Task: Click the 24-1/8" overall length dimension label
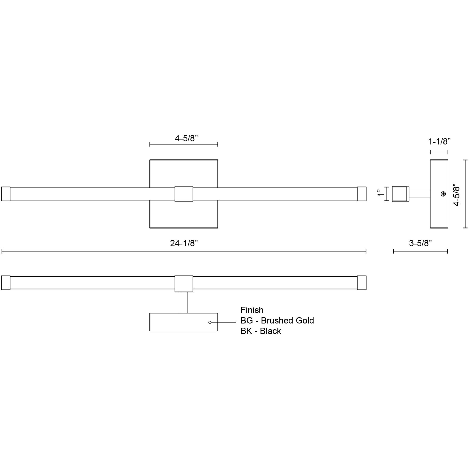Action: pyautogui.click(x=184, y=243)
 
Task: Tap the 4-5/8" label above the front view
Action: pyautogui.click(x=186, y=138)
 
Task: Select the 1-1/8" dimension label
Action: pyautogui.click(x=439, y=142)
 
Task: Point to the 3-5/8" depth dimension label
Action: pyautogui.click(x=420, y=243)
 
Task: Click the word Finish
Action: pyautogui.click(x=252, y=310)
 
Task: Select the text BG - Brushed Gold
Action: pyautogui.click(x=277, y=321)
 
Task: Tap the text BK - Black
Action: pyautogui.click(x=261, y=331)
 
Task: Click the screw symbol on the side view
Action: pyautogui.click(x=443, y=194)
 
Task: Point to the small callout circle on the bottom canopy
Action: pyautogui.click(x=210, y=322)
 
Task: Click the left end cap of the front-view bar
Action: pyautogui.click(x=6, y=194)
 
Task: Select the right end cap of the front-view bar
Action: pyautogui.click(x=362, y=194)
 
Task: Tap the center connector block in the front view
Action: pyautogui.click(x=184, y=194)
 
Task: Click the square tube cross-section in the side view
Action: pyautogui.click(x=400, y=194)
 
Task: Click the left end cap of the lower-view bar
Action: pyautogui.click(x=6, y=283)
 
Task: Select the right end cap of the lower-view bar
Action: pyautogui.click(x=362, y=283)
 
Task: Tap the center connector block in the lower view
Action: pyautogui.click(x=184, y=283)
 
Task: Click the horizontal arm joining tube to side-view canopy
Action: pyautogui.click(x=419, y=194)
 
